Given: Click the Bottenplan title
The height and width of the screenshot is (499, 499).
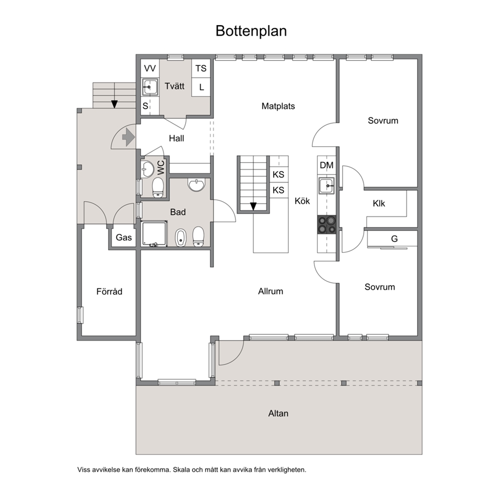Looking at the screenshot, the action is click(x=251, y=31).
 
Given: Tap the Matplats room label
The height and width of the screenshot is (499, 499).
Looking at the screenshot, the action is click(x=278, y=106).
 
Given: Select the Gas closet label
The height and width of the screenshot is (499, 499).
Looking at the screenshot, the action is click(x=124, y=237).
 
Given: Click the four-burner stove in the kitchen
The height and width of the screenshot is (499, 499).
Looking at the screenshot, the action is click(x=326, y=225).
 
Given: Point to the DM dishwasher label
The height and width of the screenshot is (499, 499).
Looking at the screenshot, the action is click(x=326, y=165).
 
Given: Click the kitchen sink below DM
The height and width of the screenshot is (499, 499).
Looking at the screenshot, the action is click(x=326, y=186).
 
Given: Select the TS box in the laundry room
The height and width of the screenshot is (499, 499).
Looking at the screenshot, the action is click(x=201, y=68).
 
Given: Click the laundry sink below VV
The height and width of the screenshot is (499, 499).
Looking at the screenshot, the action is click(x=150, y=87).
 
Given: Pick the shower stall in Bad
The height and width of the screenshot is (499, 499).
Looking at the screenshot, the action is click(x=154, y=234).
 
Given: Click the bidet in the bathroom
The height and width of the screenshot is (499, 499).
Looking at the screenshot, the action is click(x=181, y=237).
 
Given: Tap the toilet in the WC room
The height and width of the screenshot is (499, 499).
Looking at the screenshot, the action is click(x=158, y=188).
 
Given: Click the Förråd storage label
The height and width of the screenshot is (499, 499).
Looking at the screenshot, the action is click(x=109, y=292).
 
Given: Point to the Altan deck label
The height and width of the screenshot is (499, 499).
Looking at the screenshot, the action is click(x=278, y=413).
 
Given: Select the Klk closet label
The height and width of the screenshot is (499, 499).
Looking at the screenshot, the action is click(x=379, y=203).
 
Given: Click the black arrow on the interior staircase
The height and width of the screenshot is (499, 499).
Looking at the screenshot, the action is click(x=254, y=207).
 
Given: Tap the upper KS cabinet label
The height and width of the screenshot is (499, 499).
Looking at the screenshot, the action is click(x=279, y=175).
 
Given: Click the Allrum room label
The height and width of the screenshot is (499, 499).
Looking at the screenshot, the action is click(x=271, y=291).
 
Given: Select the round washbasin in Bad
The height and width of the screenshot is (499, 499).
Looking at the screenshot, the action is click(x=196, y=185).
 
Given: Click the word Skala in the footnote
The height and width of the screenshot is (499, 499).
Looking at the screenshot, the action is click(x=181, y=470).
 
